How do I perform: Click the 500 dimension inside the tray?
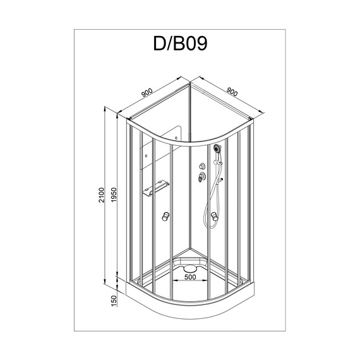click(x=189, y=276)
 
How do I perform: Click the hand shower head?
click(x=217, y=149)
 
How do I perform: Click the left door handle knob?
click(x=167, y=217)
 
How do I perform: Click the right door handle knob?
click(x=215, y=219)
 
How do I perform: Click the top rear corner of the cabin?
click(x=190, y=80)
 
